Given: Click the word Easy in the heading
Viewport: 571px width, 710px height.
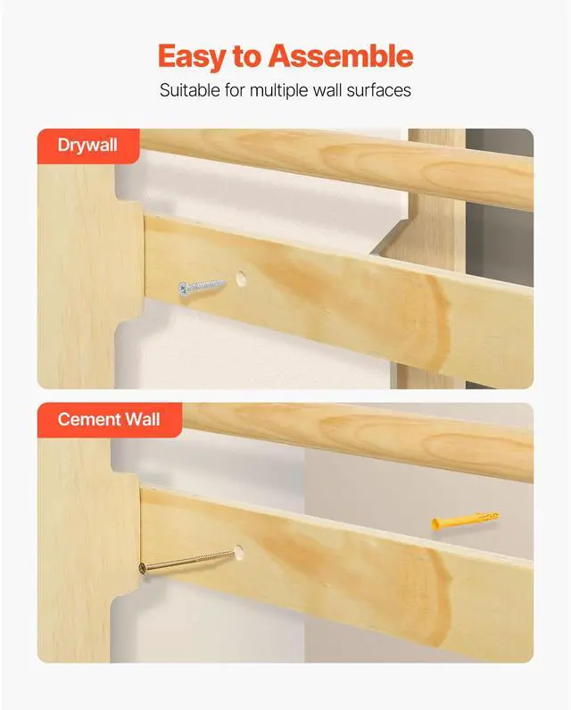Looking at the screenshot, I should (191, 56).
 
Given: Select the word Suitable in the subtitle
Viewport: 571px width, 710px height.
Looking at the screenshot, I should (189, 91).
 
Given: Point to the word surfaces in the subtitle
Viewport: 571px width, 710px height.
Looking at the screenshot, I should (379, 91).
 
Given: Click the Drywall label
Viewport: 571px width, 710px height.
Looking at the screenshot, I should (87, 145).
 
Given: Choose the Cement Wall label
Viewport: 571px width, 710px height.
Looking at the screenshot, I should (109, 419).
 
